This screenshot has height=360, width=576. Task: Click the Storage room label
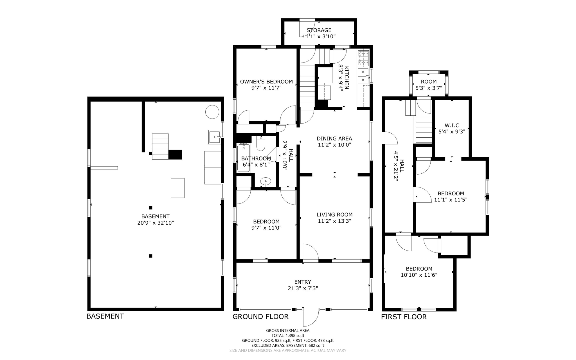319,30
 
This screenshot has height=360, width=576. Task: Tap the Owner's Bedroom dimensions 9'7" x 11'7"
266,88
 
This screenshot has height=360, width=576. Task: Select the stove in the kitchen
363,58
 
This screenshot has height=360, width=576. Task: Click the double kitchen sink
363,76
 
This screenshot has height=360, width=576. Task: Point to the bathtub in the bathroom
244,158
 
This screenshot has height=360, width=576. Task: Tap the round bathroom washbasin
265,181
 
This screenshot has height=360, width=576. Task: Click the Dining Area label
334,138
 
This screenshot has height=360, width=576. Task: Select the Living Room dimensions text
334,221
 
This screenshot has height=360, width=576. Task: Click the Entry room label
303,282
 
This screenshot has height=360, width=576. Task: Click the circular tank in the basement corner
212,112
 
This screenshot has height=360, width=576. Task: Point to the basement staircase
160,146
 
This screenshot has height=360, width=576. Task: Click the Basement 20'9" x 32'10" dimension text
155,223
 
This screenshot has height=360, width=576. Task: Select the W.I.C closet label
452,125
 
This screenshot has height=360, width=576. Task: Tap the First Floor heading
404,317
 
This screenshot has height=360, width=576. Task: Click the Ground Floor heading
260,317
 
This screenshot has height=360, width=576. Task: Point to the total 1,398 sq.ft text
288,336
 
